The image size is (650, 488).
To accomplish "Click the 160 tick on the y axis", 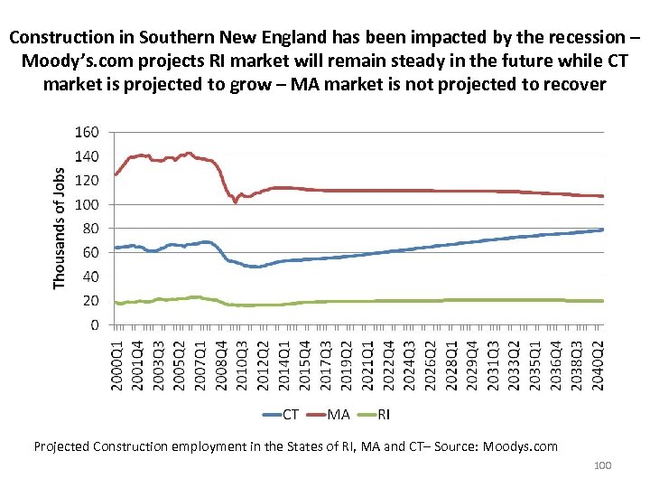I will (x=87, y=132).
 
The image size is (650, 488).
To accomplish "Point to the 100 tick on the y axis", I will (x=87, y=205).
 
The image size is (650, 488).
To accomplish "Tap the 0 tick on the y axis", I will (x=94, y=325).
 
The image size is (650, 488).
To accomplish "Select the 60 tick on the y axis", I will (x=90, y=253).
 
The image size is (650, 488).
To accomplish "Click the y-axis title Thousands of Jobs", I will (x=60, y=228).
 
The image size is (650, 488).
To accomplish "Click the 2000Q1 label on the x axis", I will (x=116, y=365).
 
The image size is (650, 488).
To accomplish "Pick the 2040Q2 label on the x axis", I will (x=598, y=365).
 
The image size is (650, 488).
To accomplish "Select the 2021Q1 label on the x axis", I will (x=367, y=365).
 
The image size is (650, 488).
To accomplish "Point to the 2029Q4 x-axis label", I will (x=472, y=365).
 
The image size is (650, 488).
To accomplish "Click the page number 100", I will (x=602, y=465).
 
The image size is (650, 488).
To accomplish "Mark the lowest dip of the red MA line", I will (x=236, y=202).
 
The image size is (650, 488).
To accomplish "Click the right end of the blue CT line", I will (x=602, y=230).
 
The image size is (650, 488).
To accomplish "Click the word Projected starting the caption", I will (x=65, y=446).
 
